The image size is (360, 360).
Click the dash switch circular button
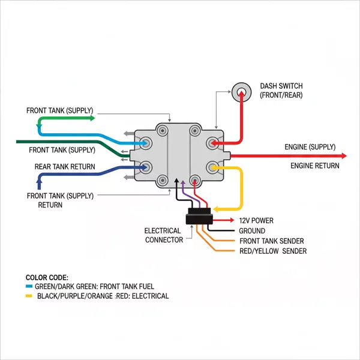tap(242, 92)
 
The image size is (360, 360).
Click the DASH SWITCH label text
tap(281, 91)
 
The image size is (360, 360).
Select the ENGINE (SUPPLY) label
tap(310, 147)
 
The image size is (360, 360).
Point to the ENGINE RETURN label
tap(314, 165)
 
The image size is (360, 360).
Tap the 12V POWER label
tap(256, 221)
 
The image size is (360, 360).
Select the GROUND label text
tap(252, 231)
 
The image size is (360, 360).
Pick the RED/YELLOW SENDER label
tap(273, 251)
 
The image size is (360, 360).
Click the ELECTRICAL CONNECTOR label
tap(164, 235)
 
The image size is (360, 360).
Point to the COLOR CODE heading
tap(47, 277)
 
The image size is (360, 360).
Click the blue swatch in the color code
tap(29, 287)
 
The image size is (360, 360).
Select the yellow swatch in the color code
tap(29, 296)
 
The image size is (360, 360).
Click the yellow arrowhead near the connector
tap(215, 208)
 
